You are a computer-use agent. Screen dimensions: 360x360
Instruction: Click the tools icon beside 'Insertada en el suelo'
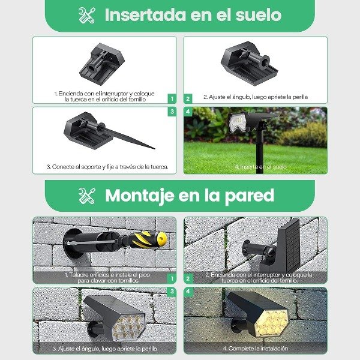tap(86, 15)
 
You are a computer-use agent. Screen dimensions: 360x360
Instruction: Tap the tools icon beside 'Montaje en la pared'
tap(86, 196)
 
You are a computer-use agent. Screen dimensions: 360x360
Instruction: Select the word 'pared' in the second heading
tap(250, 196)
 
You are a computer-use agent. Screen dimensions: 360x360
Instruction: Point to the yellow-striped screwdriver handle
tap(148, 239)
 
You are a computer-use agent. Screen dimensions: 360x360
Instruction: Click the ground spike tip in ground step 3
tap(154, 149)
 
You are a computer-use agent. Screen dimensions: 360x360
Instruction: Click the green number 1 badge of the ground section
tap(172, 99)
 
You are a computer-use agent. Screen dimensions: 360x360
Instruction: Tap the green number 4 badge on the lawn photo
tap(188, 112)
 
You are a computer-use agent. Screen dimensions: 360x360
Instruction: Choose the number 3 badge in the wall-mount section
tap(172, 292)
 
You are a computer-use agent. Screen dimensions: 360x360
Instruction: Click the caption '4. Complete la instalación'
tap(256, 348)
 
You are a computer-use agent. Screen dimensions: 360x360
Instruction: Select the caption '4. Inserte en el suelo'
tap(260, 167)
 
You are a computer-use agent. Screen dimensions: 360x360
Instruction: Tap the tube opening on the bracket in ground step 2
tap(264, 62)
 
